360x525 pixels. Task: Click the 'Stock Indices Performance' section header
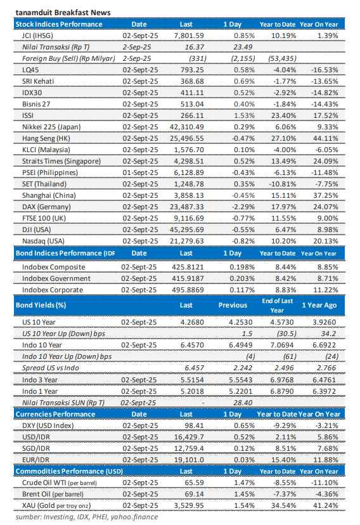[x=59, y=24]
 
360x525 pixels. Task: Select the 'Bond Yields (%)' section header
[x=40, y=305]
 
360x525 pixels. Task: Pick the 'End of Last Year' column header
[x=278, y=304]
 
